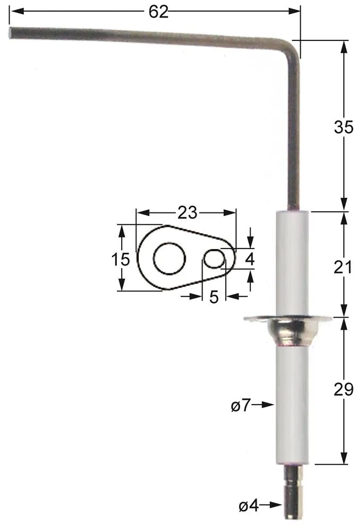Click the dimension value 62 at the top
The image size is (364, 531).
[158, 12]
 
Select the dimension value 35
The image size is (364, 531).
[344, 127]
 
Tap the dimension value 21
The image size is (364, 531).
[344, 267]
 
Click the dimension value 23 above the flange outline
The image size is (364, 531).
[187, 213]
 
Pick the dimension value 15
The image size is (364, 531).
[121, 260]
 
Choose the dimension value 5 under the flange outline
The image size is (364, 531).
[214, 297]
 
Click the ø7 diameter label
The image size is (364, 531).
[241, 406]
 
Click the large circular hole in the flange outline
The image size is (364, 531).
[170, 259]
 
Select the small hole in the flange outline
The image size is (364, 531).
[214, 259]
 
